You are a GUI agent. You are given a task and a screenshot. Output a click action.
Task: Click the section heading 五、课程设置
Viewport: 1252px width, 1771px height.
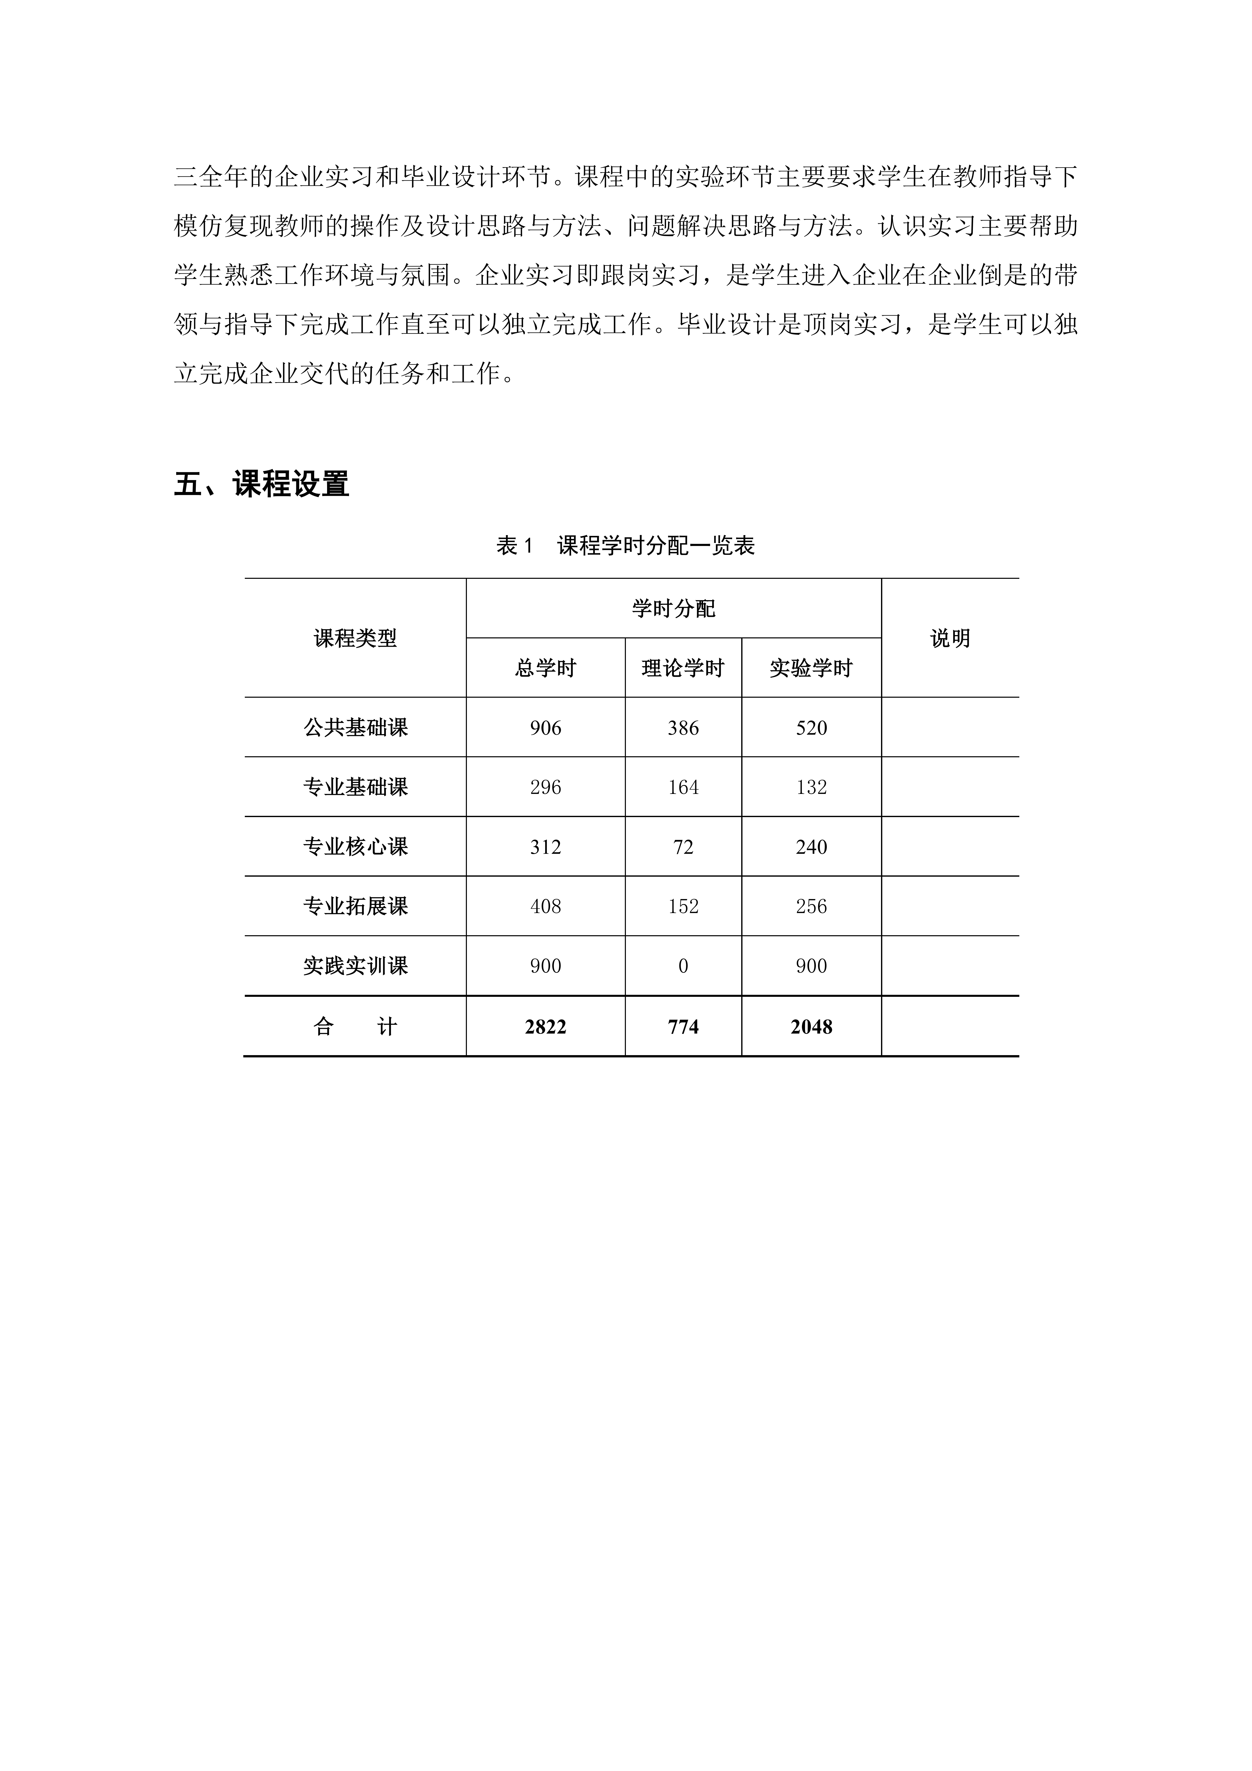point(261,484)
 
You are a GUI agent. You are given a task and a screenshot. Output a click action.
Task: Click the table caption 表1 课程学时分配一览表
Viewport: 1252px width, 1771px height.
point(625,546)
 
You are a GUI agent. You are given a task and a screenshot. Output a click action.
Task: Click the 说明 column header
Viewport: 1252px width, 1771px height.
point(950,639)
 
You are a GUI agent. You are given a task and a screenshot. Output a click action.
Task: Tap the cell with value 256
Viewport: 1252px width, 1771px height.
point(811,906)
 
